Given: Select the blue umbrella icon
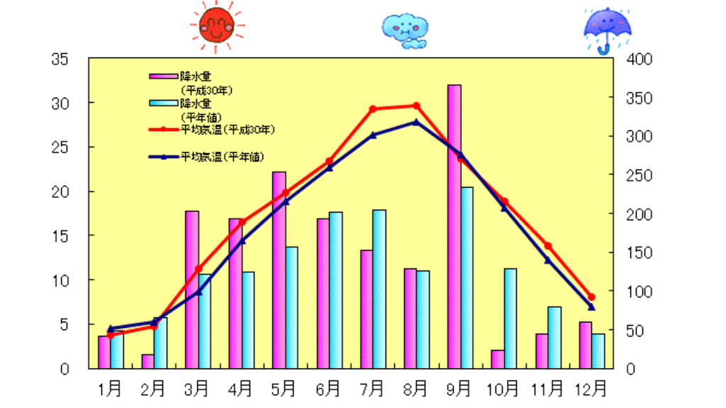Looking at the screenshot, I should pos(607,29).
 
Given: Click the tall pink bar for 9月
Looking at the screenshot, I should pos(454,227).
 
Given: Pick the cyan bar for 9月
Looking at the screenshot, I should pos(467,278).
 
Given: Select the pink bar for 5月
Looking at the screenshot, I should pos(279,269).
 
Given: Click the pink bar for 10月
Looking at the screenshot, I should pos(498,359).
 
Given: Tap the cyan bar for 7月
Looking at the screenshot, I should pos(379,289).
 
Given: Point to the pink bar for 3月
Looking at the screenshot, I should pos(192,289).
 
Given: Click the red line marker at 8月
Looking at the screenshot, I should pos(416,106).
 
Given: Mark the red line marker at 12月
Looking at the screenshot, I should pos(591,297).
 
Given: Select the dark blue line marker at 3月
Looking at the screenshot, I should pos(199,291).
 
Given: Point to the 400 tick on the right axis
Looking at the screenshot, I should pos(640,59).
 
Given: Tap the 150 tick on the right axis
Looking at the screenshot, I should pos(640,253).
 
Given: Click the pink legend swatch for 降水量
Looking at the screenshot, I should pos(163,74).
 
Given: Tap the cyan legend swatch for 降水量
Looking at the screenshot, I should pos(163,103).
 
